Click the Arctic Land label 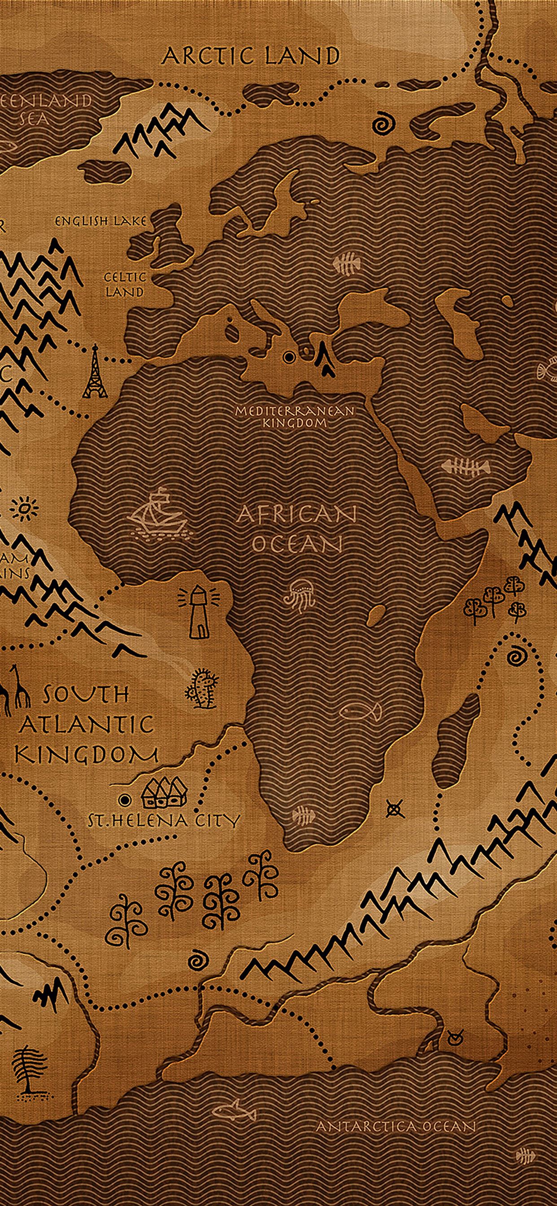tap(250, 56)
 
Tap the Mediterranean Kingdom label tap(295, 417)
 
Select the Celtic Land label tap(124, 284)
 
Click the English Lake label tap(100, 221)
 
